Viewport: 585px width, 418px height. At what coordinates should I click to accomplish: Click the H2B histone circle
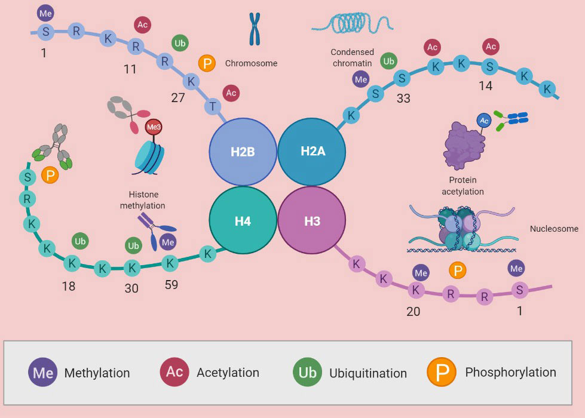point(243,152)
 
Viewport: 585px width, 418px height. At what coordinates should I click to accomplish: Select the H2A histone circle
point(312,152)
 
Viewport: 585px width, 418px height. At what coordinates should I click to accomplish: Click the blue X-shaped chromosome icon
point(255,29)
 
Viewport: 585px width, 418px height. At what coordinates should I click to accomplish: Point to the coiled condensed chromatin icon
point(353,23)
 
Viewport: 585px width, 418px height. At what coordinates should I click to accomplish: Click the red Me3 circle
point(154,127)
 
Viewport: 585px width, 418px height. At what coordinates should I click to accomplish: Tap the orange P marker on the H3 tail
point(458,271)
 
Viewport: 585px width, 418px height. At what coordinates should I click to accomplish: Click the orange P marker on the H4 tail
point(51,175)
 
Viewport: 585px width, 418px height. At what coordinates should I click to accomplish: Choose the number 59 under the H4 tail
point(171,285)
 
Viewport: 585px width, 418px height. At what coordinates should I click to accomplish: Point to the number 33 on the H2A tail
point(403,99)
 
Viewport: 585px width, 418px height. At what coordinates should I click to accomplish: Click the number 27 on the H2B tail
point(178,98)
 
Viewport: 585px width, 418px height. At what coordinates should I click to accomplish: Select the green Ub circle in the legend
point(308,373)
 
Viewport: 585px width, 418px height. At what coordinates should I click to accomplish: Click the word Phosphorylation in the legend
point(510,373)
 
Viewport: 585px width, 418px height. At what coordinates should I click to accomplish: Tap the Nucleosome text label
point(554,229)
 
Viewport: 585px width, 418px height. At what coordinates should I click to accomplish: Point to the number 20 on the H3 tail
point(413,312)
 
